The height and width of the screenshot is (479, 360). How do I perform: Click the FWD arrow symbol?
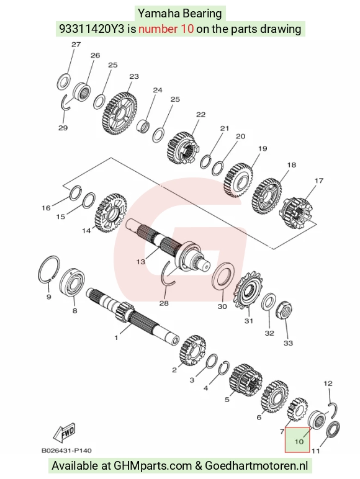[x=64, y=433]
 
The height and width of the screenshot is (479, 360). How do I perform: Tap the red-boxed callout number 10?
[x=299, y=441]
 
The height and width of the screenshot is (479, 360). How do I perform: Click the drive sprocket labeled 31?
[x=247, y=290]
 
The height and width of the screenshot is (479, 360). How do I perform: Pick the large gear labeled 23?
[x=120, y=113]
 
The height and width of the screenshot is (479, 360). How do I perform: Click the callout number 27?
[x=76, y=45]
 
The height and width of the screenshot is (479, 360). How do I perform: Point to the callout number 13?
[x=140, y=262]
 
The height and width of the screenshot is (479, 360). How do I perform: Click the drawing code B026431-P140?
[x=66, y=450]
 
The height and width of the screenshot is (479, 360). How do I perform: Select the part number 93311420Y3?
[x=92, y=29]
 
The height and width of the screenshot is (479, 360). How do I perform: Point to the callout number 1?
[x=116, y=338]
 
